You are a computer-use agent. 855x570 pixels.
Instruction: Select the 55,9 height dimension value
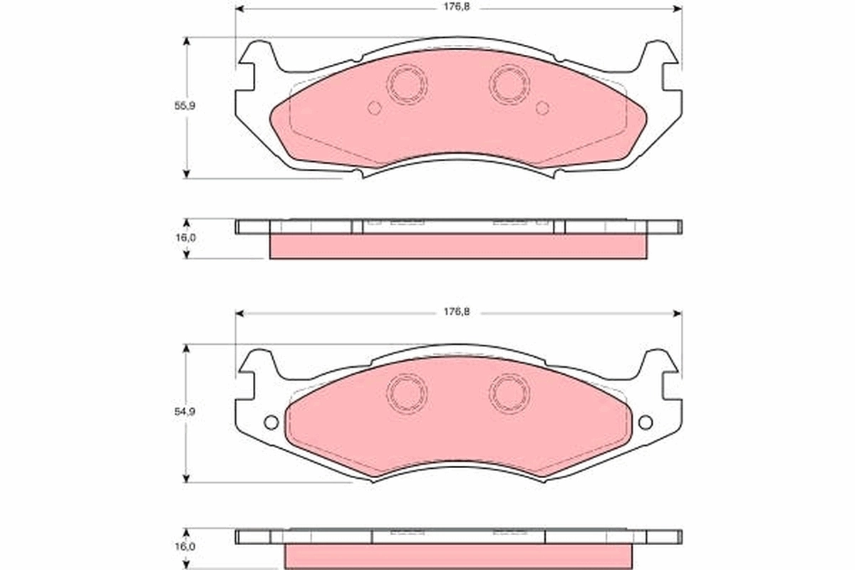pyautogui.click(x=186, y=105)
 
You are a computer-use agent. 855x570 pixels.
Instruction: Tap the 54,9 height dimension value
pyautogui.click(x=186, y=413)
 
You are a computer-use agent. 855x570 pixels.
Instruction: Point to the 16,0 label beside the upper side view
pyautogui.click(x=186, y=238)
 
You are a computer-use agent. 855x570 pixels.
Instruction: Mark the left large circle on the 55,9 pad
pyautogui.click(x=407, y=84)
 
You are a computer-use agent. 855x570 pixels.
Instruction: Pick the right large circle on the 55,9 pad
pyautogui.click(x=509, y=84)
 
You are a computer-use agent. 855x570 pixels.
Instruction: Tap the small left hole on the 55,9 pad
pyautogui.click(x=374, y=108)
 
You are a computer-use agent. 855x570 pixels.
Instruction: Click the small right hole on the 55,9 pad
pyautogui.click(x=542, y=108)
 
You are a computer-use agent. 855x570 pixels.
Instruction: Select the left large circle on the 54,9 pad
pyautogui.click(x=407, y=391)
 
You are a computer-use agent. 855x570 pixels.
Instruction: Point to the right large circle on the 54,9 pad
pyautogui.click(x=509, y=391)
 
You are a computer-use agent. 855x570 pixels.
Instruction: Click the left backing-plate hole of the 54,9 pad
pyautogui.click(x=271, y=422)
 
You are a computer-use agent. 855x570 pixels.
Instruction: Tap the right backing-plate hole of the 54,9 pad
pyautogui.click(x=646, y=422)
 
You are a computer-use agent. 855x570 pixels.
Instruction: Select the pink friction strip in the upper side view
pyautogui.click(x=458, y=247)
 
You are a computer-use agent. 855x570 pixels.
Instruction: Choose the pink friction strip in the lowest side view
pyautogui.click(x=458, y=556)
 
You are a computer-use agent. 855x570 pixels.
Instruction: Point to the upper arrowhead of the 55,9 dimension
pyautogui.click(x=187, y=41)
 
